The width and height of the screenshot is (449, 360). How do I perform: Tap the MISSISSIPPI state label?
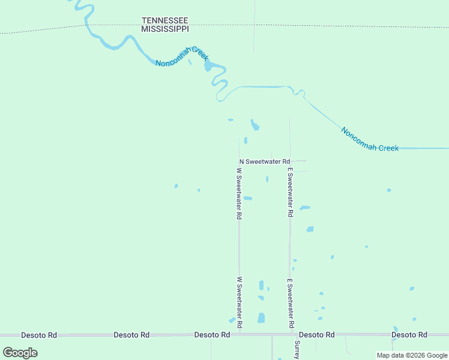165,28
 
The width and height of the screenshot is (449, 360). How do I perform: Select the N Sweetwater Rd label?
265,161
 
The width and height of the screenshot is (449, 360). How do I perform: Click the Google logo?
20,353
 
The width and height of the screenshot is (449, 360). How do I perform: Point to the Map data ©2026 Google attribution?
412,355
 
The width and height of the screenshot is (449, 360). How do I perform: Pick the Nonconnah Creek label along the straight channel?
370,139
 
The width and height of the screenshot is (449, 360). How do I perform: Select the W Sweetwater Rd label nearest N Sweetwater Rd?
239,193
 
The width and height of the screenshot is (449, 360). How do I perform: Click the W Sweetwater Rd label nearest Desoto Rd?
239,302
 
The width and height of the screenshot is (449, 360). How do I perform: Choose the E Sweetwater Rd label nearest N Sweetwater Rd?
290,192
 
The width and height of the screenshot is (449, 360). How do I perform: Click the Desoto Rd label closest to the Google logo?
39,335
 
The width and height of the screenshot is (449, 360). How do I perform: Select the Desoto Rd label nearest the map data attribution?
409,334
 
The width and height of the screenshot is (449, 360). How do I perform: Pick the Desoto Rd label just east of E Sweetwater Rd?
316,334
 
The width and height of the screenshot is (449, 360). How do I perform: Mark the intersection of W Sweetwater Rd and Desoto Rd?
240,334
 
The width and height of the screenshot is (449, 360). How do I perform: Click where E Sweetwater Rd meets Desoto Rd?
291,334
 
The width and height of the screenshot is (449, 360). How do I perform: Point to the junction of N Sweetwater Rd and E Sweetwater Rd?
290,161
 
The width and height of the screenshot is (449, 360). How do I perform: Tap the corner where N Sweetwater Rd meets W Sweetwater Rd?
239,161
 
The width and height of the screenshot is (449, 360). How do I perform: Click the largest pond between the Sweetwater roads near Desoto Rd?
261,318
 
